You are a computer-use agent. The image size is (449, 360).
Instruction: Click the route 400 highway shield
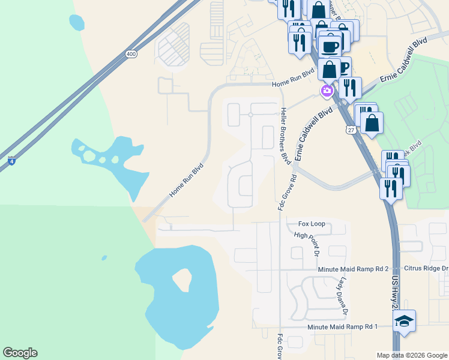pyautogui.click(x=131, y=55)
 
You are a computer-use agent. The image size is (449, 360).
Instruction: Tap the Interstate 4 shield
pyautogui.click(x=11, y=161)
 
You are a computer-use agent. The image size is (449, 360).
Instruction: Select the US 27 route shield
pyautogui.click(x=351, y=130)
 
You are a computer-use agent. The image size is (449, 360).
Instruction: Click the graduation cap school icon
pyautogui.click(x=404, y=321)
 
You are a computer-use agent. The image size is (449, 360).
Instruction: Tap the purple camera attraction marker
pyautogui.click(x=327, y=91)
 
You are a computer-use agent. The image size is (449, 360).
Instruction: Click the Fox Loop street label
pyautogui.click(x=312, y=224)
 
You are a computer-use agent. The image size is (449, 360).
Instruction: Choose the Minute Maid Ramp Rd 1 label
pyautogui.click(x=342, y=326)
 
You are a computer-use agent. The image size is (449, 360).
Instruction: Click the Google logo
pyautogui.click(x=20, y=353)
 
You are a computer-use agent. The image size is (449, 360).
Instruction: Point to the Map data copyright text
pyautogui.click(x=411, y=355)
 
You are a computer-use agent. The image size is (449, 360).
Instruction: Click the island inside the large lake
pyautogui.click(x=182, y=279)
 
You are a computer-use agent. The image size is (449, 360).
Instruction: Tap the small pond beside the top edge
pyautogui.click(x=77, y=23)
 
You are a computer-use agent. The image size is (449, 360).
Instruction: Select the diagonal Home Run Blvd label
pyautogui.click(x=186, y=181)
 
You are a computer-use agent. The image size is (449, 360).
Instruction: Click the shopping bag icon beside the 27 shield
pyautogui.click(x=372, y=123)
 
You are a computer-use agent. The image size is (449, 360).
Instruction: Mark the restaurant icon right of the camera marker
pyautogui.click(x=350, y=88)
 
